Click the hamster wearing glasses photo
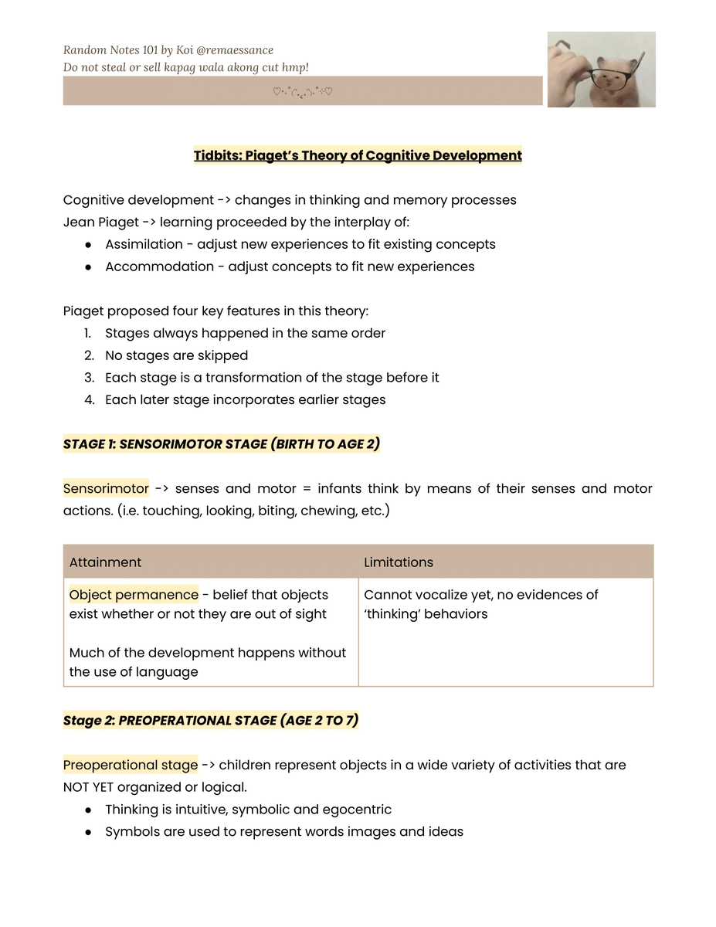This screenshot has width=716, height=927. pyautogui.click(x=601, y=70)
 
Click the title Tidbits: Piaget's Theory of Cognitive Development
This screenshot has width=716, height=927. pyautogui.click(x=358, y=155)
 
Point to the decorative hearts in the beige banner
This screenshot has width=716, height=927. pyautogui.click(x=303, y=91)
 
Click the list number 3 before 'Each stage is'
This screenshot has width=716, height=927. pyautogui.click(x=88, y=378)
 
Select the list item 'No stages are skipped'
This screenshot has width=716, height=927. pyautogui.click(x=176, y=355)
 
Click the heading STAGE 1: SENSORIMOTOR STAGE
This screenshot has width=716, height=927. pyautogui.click(x=221, y=444)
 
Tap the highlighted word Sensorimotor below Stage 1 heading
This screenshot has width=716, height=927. pyautogui.click(x=106, y=488)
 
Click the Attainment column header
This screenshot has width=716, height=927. pyautogui.click(x=105, y=562)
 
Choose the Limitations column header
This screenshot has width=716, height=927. pyautogui.click(x=399, y=562)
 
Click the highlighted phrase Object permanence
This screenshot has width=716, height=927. pyautogui.click(x=134, y=595)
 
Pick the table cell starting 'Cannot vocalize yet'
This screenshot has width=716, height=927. pyautogui.click(x=480, y=604)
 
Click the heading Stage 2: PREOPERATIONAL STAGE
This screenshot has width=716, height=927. pyautogui.click(x=210, y=721)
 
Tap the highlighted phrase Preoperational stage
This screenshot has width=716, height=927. pyautogui.click(x=131, y=765)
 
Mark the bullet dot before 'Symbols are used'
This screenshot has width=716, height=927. pyautogui.click(x=89, y=832)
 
